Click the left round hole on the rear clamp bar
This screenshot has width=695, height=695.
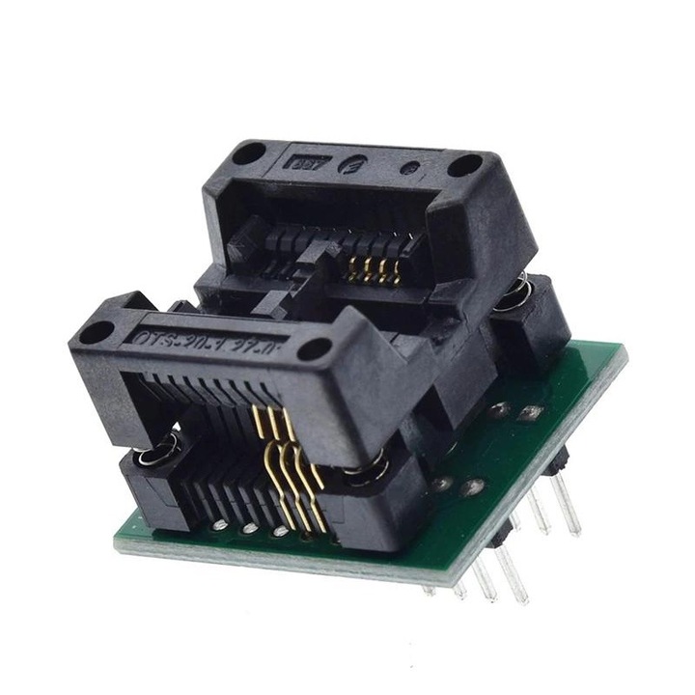pos(248,153)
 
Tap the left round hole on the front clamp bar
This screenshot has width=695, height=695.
pos(97,332)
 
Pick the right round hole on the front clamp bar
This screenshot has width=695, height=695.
pos(315,349)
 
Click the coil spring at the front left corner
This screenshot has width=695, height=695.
pos(157,448)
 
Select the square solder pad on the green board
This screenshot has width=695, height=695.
pos(530,413)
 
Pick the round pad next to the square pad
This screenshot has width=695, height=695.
pos(499,409)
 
